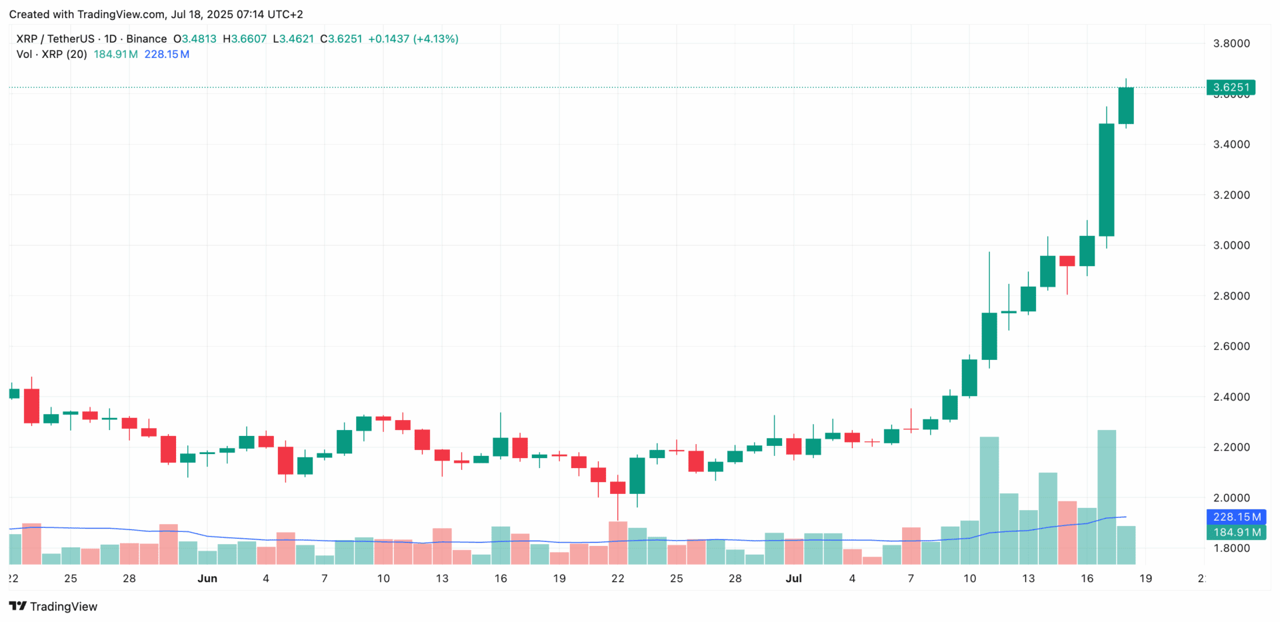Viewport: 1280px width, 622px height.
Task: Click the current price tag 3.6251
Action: pyautogui.click(x=1231, y=87)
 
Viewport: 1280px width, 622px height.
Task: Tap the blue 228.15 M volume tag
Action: pyautogui.click(x=1236, y=517)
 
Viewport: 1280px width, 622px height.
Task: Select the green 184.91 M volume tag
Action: pyautogui.click(x=1236, y=532)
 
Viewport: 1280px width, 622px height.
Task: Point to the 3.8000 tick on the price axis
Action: pyautogui.click(x=1231, y=43)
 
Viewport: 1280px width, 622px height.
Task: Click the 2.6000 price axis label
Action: pyautogui.click(x=1231, y=346)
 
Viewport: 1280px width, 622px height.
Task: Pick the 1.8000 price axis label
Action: pyautogui.click(x=1231, y=548)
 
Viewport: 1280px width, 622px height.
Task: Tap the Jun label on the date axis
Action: pyautogui.click(x=207, y=579)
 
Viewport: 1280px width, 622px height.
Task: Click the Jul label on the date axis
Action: pyautogui.click(x=793, y=579)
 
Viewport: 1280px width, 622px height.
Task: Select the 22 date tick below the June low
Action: pyautogui.click(x=618, y=579)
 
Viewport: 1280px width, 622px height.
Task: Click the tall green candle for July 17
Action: pyautogui.click(x=1107, y=180)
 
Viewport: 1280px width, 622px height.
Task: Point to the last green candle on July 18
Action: pyautogui.click(x=1126, y=105)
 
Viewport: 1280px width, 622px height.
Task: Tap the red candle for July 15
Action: pyautogui.click(x=1067, y=261)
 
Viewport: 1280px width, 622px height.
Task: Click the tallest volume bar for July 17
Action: pyautogui.click(x=1107, y=497)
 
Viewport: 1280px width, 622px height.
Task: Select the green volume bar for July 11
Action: pyautogui.click(x=989, y=500)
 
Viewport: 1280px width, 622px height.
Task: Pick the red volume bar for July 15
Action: pyautogui.click(x=1067, y=533)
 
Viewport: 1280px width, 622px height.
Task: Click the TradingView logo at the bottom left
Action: pyautogui.click(x=53, y=606)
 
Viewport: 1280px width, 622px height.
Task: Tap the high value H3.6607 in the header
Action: pyautogui.click(x=245, y=39)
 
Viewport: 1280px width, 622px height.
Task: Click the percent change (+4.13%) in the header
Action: pyautogui.click(x=436, y=39)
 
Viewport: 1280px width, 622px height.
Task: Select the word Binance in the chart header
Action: pyautogui.click(x=147, y=39)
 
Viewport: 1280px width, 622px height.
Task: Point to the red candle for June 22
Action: pyautogui.click(x=618, y=487)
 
